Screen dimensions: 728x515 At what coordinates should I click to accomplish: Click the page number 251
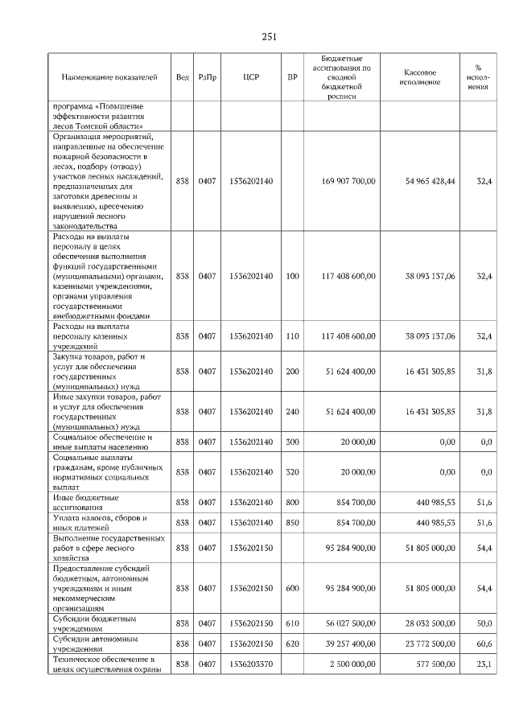(x=269, y=36)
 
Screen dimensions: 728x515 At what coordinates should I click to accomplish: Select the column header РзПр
(x=207, y=77)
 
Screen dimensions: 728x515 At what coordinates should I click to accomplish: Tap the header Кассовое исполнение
(x=419, y=77)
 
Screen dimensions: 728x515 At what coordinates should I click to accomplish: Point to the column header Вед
(x=183, y=77)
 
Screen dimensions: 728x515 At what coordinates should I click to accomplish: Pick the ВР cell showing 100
(x=292, y=276)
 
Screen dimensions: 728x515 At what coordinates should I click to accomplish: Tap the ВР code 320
(x=292, y=471)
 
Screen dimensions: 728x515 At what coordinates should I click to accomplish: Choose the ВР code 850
(x=292, y=523)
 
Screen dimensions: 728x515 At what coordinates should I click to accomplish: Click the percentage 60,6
(x=484, y=644)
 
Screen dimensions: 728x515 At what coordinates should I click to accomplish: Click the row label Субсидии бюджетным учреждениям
(x=94, y=623)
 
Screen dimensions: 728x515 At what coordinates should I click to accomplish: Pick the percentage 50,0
(x=484, y=623)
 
